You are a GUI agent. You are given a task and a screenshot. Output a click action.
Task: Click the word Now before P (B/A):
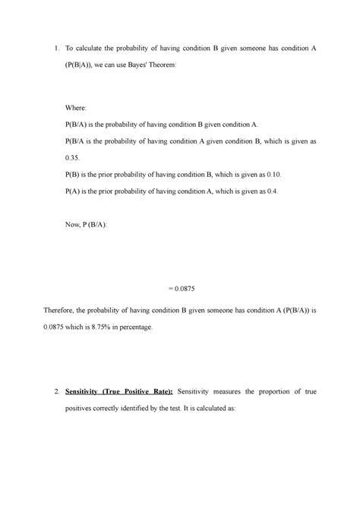coord(75,227)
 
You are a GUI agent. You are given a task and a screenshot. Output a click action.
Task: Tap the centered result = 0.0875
coord(179,289)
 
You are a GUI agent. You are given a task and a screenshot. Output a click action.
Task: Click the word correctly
coord(115,408)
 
